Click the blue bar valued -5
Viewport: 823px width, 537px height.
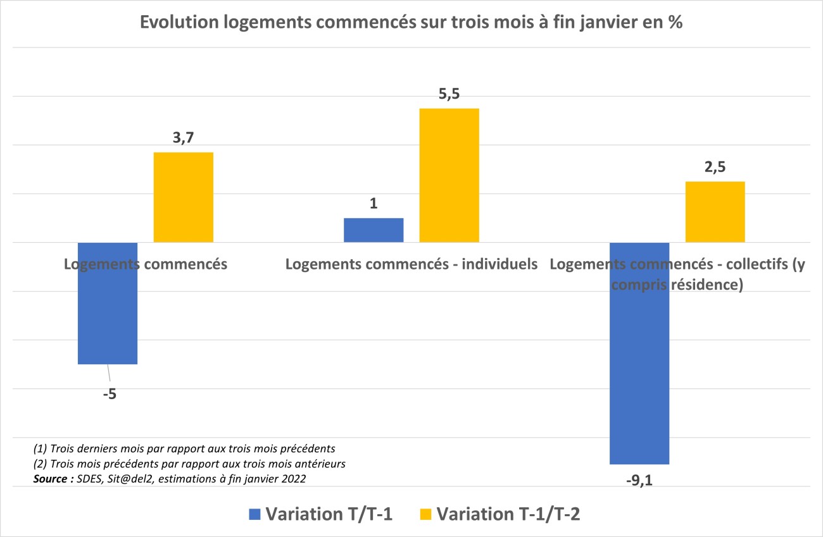[107, 303]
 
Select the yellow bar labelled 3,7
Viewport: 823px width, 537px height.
[183, 197]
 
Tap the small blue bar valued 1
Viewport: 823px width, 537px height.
[373, 230]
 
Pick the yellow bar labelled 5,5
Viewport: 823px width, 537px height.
[449, 175]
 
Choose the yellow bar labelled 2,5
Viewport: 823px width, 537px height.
[715, 212]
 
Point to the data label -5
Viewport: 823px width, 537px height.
[110, 394]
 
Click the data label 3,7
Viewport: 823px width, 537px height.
[183, 139]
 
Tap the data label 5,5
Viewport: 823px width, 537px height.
[449, 95]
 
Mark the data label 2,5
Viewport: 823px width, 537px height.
[715, 168]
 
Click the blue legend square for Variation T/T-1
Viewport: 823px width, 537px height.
[254, 514]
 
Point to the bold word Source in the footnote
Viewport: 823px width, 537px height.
[51, 479]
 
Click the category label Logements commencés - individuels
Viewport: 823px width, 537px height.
[411, 264]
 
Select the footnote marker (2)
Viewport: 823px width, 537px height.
[40, 464]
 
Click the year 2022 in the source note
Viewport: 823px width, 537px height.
[293, 479]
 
